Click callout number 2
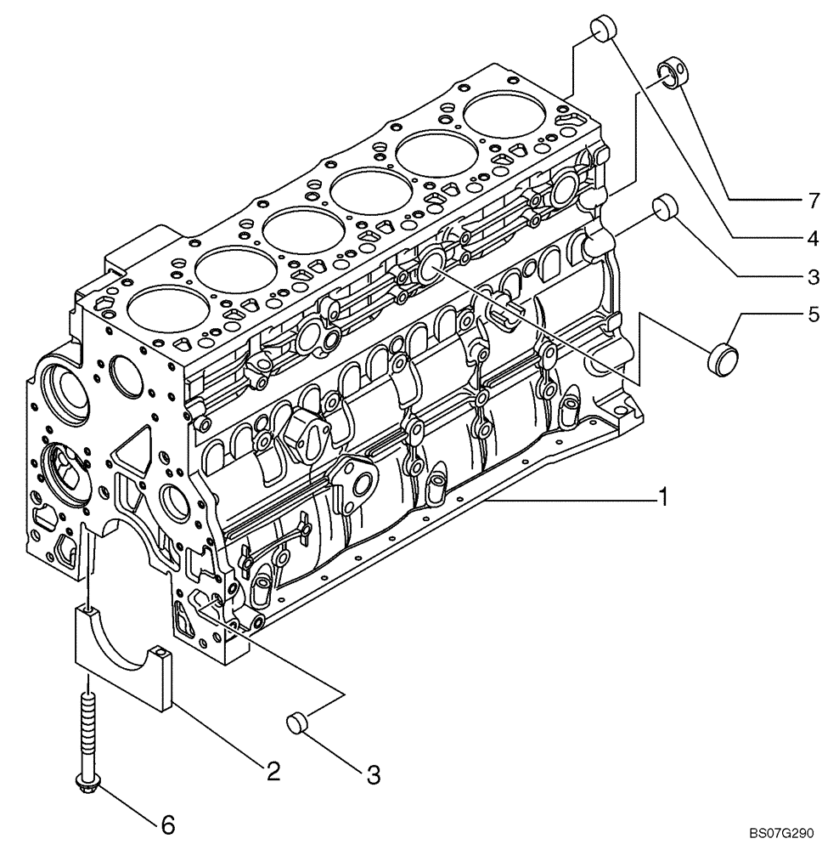(272, 770)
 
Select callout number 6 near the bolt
(168, 823)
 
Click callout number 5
(813, 316)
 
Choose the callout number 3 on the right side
(813, 275)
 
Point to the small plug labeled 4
(600, 27)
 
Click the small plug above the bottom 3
(296, 723)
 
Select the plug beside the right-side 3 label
(664, 207)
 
